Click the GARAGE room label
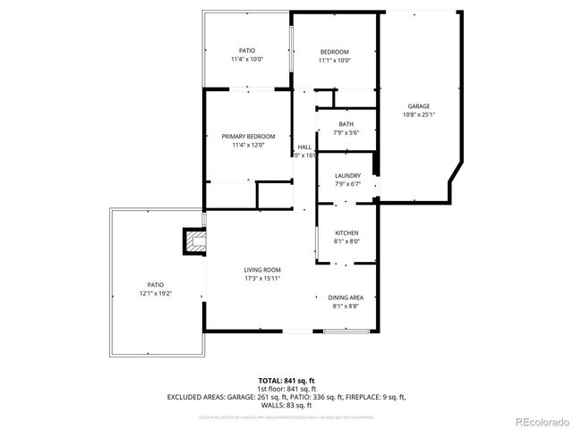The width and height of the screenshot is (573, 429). [419, 105]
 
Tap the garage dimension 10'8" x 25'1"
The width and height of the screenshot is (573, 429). [419, 114]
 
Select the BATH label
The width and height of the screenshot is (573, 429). [346, 124]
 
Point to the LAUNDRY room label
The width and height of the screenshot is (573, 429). [346, 175]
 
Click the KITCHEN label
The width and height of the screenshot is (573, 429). [346, 232]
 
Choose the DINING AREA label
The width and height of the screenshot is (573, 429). [346, 298]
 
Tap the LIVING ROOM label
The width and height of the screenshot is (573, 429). [262, 270]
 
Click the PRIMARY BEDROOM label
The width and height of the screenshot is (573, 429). [248, 136]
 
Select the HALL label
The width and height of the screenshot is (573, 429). [304, 147]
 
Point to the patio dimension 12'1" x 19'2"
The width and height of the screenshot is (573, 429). [155, 293]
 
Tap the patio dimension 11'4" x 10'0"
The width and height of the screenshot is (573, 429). [247, 60]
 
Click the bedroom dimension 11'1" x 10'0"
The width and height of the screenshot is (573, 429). [335, 61]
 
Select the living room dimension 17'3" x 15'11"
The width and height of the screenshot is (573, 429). [262, 279]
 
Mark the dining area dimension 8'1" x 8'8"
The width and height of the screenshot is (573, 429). [346, 307]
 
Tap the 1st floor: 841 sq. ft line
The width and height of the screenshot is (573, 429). [286, 389]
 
